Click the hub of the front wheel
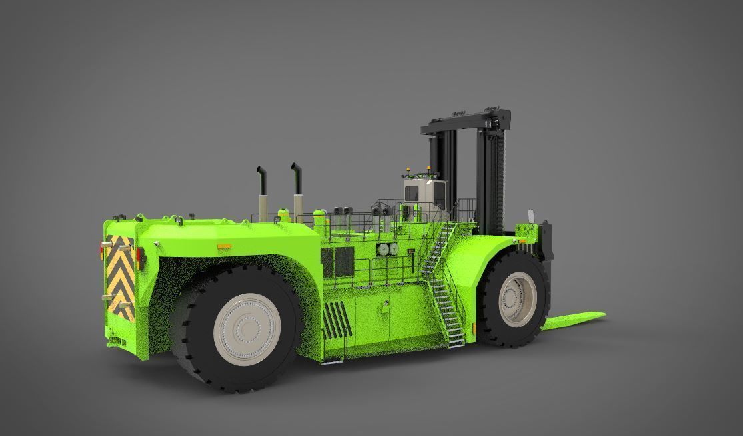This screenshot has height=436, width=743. (x=518, y=302)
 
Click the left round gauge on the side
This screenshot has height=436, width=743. (x=382, y=249)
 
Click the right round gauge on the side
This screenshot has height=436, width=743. (x=394, y=249)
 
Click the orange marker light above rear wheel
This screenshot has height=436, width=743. (x=224, y=247)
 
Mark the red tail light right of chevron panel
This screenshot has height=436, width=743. (x=141, y=258)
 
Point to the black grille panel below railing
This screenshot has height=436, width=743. (x=338, y=262)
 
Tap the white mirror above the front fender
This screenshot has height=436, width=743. (x=531, y=216)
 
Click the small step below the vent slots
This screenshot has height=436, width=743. (x=331, y=361)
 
